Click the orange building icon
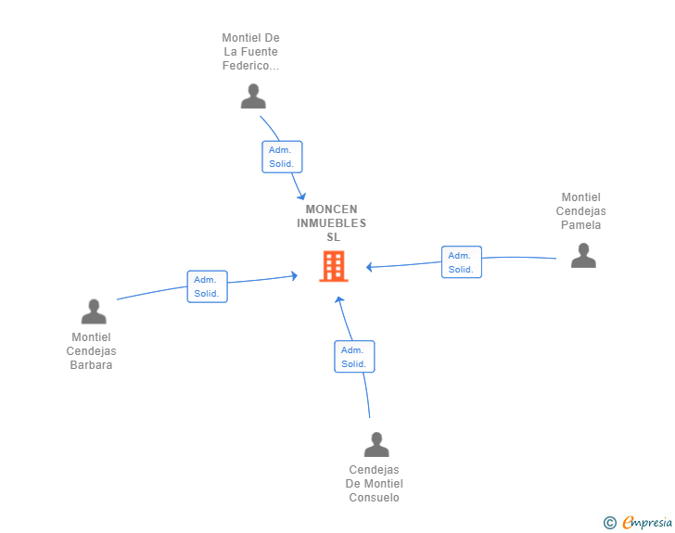point(334,266)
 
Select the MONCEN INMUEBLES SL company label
point(332,223)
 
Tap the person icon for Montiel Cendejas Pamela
point(583,255)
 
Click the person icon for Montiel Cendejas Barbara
point(94,311)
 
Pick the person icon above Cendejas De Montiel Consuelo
point(376,444)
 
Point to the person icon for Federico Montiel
point(253,96)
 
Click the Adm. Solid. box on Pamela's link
point(462,262)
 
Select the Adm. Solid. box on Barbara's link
point(207,286)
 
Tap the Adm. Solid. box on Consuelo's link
point(354,357)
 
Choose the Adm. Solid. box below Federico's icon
point(282,157)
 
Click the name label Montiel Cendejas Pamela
point(580,211)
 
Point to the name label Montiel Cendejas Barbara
point(91,351)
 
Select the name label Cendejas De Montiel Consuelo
point(374,484)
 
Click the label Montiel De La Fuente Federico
point(250,52)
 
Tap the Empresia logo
point(647,522)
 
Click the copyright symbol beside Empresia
point(609,523)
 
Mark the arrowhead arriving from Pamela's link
point(369,267)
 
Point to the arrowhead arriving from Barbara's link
point(295,276)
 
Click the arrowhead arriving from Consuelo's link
point(339,299)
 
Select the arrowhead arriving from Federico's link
point(301,197)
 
